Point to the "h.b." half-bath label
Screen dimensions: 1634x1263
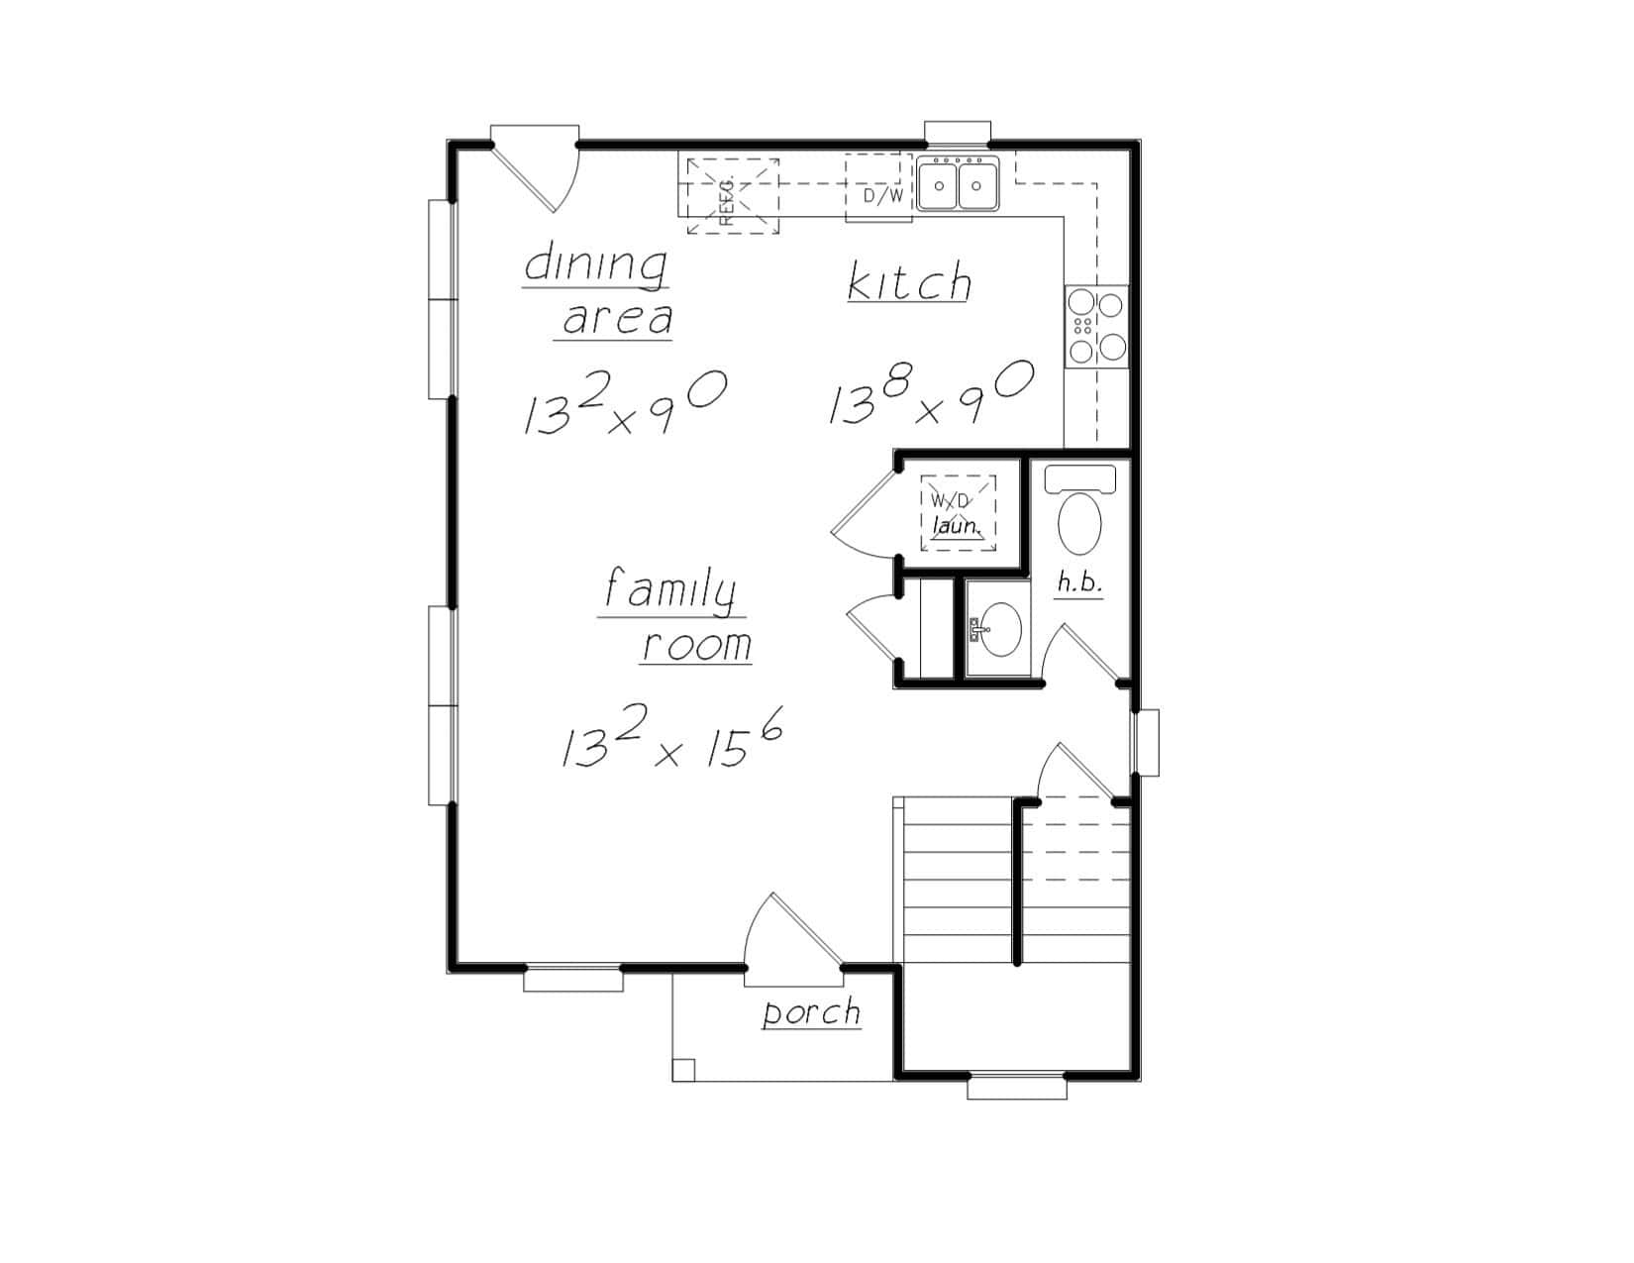[x=1079, y=581]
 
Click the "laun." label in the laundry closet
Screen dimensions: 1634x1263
[x=958, y=526]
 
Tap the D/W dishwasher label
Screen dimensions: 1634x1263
[x=882, y=196]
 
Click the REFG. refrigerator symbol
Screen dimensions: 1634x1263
[x=733, y=195]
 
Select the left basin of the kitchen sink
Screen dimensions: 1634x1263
[x=939, y=186]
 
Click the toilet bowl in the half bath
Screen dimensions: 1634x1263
[x=1079, y=524]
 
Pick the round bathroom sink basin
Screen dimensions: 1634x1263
[x=1000, y=630]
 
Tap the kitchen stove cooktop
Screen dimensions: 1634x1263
[x=1096, y=327]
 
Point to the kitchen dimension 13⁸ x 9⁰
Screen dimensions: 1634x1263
[x=931, y=394]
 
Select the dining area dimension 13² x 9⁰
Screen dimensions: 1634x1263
[x=625, y=402]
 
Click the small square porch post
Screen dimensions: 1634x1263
[x=683, y=1070]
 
